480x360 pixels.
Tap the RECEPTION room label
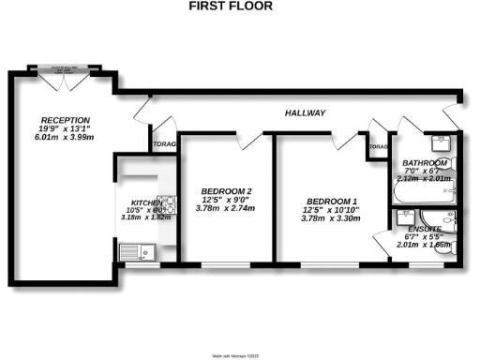[64, 120]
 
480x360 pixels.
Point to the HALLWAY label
[305, 113]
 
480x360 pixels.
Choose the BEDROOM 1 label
[332, 201]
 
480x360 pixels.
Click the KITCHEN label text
[146, 202]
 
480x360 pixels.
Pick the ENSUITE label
[427, 228]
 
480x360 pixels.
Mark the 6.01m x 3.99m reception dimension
[64, 137]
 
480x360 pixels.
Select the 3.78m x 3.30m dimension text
[332, 218]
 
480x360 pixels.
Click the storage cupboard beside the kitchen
[164, 144]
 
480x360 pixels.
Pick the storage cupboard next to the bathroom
[378, 147]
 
